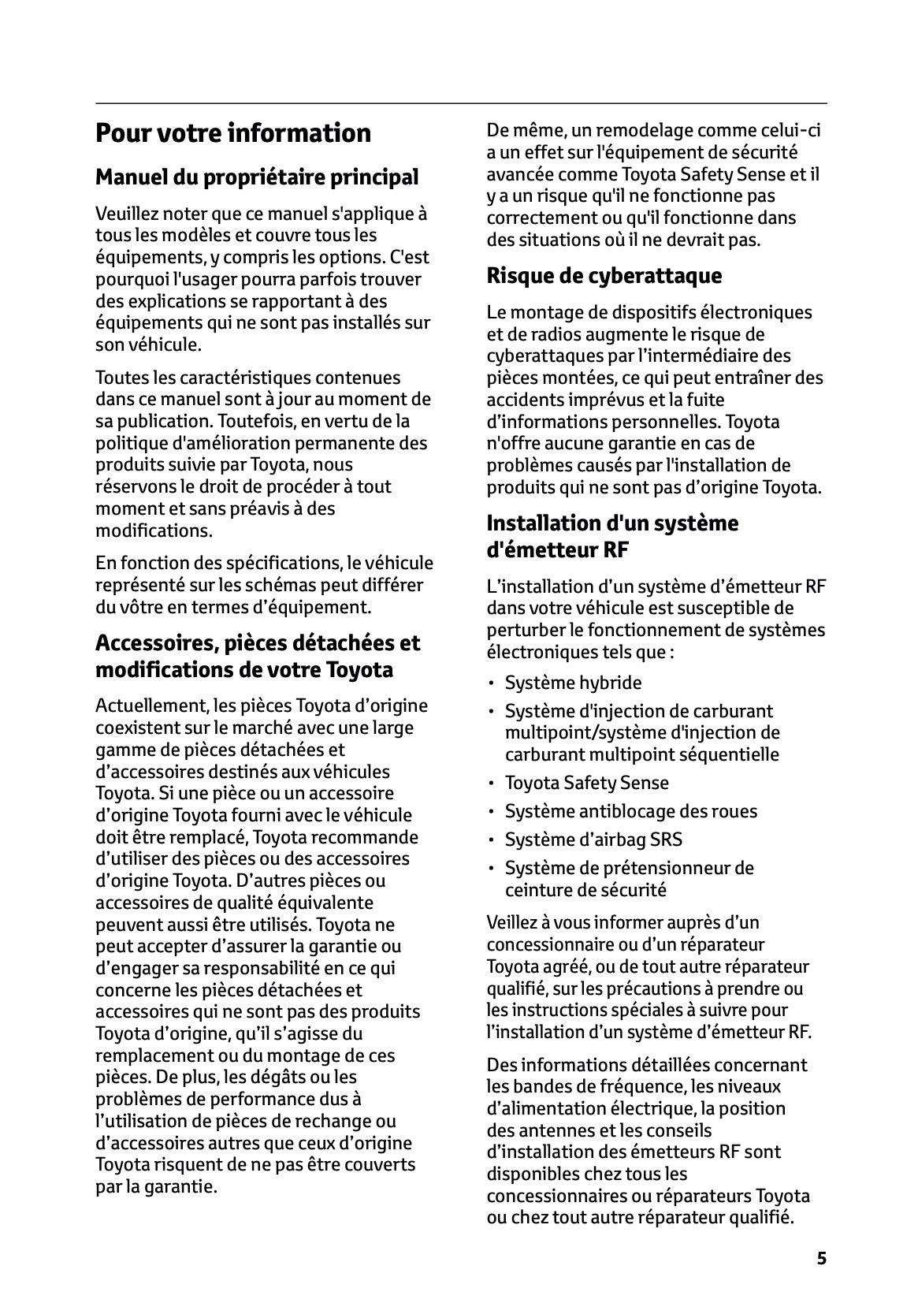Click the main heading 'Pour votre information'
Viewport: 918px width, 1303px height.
pos(232,132)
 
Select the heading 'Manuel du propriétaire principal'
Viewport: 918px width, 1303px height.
pos(257,177)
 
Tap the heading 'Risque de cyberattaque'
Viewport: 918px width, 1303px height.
pos(604,276)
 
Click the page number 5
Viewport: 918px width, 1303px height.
pos(821,1259)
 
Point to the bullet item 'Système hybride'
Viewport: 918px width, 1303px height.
pos(573,683)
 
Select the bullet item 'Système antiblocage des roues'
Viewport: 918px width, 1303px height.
pos(630,811)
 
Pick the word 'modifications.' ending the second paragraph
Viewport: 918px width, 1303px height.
pos(154,531)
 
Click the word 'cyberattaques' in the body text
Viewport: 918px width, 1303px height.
pos(538,356)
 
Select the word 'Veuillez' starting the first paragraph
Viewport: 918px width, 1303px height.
pos(125,214)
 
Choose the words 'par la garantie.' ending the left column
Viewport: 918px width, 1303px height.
pos(156,1186)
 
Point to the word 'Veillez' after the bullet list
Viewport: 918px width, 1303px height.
pos(512,922)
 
